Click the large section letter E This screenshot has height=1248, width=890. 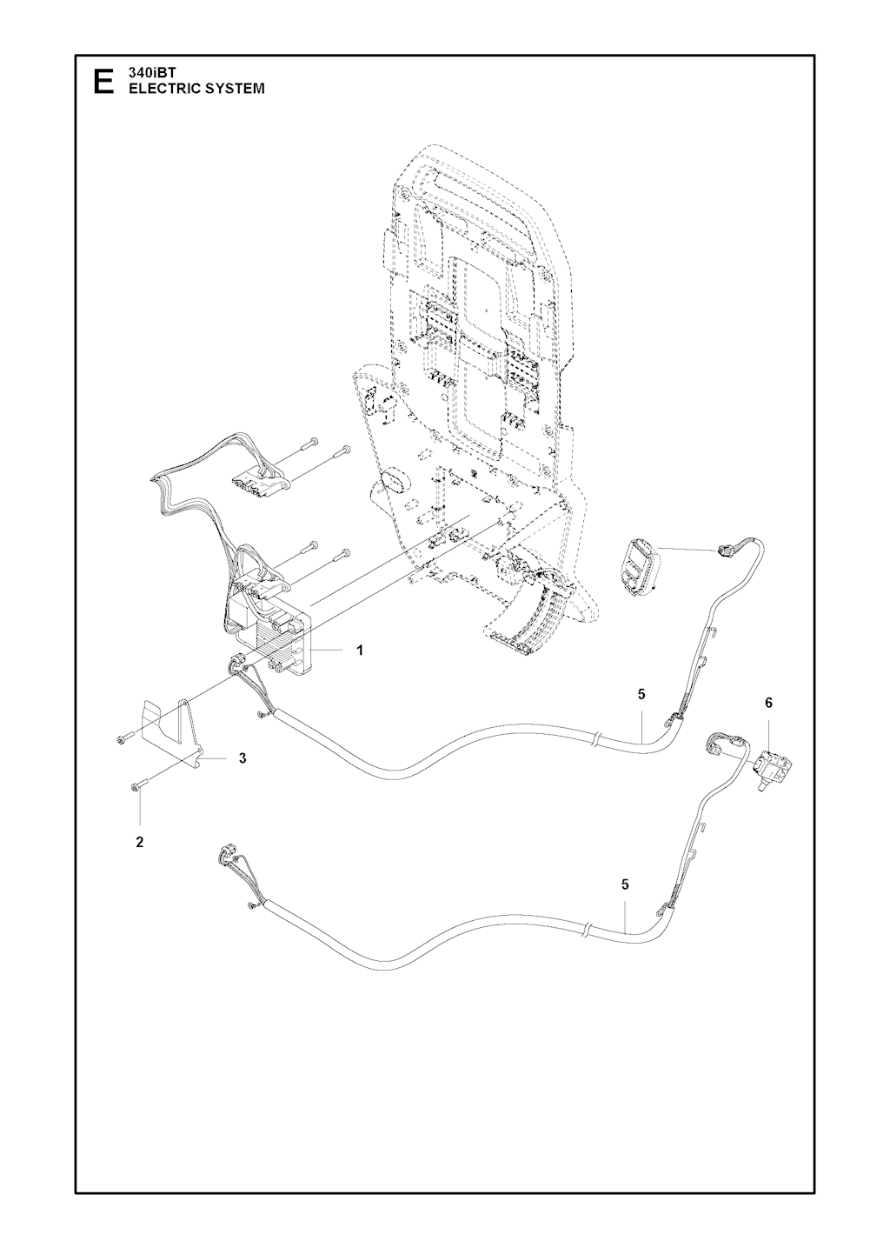(104, 82)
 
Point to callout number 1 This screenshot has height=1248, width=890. (361, 651)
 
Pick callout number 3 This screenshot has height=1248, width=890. (242, 758)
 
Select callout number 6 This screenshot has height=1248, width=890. (768, 703)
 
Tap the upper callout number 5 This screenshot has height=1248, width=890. (641, 694)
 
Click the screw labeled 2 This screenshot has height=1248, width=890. (139, 786)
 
